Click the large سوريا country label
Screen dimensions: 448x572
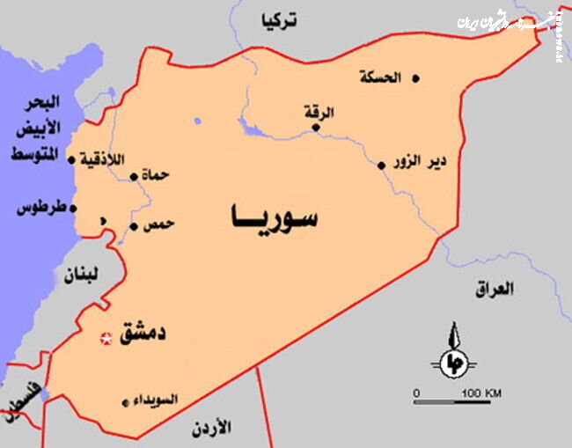(273, 217)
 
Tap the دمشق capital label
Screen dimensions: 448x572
(142, 334)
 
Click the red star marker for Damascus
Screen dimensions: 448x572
(106, 338)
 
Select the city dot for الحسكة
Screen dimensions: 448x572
(415, 78)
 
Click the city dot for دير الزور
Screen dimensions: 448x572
(381, 165)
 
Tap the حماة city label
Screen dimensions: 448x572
(155, 176)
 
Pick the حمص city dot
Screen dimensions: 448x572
(134, 226)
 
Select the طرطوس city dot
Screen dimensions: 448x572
(73, 209)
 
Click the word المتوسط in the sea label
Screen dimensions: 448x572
(34, 155)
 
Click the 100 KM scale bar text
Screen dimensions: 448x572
(480, 393)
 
